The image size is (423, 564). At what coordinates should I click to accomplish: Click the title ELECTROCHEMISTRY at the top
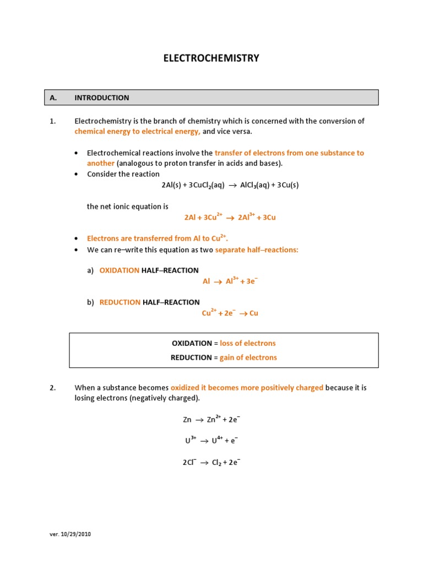(x=211, y=58)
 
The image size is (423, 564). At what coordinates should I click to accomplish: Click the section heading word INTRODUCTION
(x=102, y=97)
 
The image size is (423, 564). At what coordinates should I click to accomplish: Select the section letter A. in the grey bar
(x=53, y=97)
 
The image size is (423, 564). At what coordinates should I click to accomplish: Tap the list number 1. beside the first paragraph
(x=53, y=121)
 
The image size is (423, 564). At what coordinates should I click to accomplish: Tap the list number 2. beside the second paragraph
(x=53, y=388)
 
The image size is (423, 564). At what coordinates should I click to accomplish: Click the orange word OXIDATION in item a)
(x=119, y=270)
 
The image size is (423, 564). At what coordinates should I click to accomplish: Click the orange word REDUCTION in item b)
(x=120, y=302)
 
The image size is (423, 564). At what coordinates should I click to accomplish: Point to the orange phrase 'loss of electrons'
(x=248, y=343)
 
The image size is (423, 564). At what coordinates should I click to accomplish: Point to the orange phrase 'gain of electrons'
(x=248, y=357)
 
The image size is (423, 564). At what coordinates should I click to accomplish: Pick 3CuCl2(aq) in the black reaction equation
(x=207, y=186)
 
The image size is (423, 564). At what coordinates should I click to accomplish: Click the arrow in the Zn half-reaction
(x=199, y=420)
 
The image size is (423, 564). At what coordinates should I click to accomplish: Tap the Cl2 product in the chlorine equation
(x=216, y=463)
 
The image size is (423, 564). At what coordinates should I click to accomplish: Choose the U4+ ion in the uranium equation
(x=217, y=441)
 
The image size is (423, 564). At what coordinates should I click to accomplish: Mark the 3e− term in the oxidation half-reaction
(x=251, y=281)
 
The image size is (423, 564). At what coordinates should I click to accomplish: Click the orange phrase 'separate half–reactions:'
(x=257, y=250)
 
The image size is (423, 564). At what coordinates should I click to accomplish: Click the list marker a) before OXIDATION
(x=90, y=270)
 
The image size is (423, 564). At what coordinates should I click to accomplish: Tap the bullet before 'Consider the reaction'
(x=76, y=175)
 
